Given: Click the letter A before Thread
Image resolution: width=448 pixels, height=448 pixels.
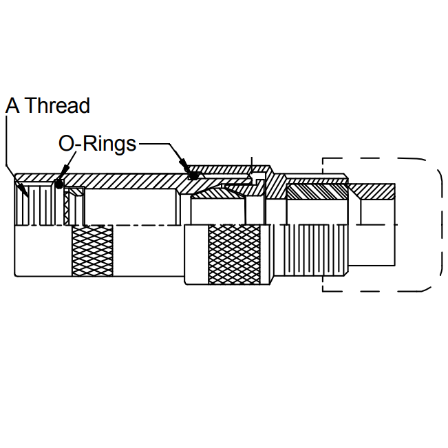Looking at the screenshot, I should [x=12, y=106].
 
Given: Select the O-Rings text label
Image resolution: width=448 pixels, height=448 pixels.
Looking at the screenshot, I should [x=97, y=144].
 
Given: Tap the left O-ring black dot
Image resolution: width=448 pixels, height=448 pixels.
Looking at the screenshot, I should [x=59, y=184].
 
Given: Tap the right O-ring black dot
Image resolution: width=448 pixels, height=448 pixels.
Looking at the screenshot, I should [x=193, y=175].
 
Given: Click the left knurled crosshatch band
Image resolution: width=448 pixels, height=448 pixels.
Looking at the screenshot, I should [x=92, y=250].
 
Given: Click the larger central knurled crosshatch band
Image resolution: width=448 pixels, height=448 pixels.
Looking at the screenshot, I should [x=234, y=255].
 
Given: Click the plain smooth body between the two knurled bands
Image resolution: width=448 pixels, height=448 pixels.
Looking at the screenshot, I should [x=148, y=250].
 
